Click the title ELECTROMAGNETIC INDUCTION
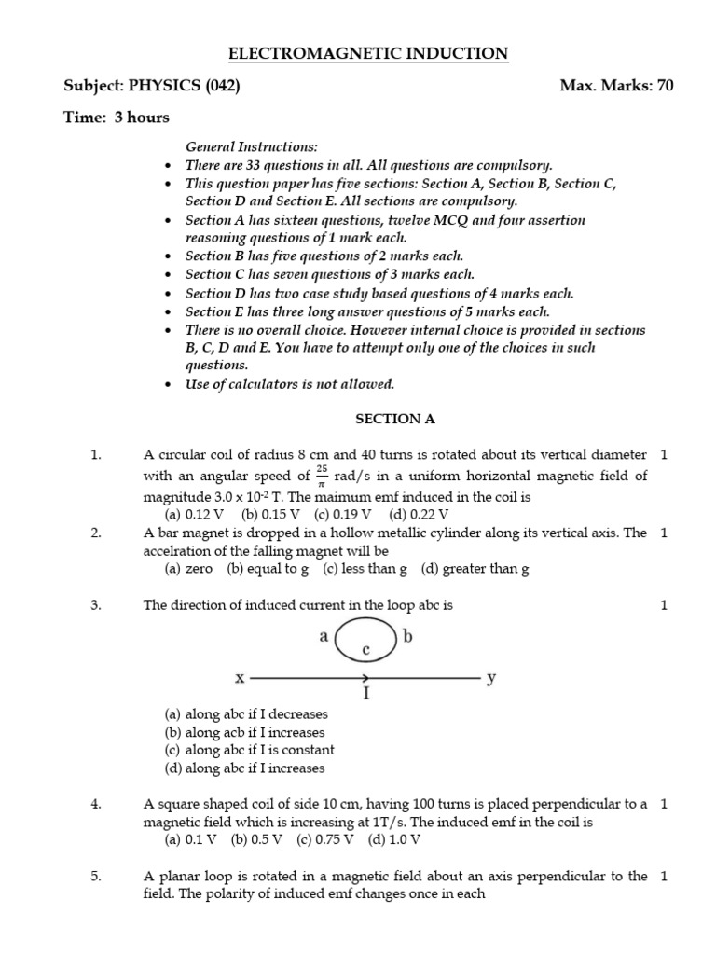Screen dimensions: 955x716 [368, 54]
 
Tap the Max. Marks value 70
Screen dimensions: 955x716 [664, 86]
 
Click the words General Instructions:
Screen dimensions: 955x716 [252, 146]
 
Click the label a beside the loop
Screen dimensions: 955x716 [324, 638]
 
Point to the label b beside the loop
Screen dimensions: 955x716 [406, 638]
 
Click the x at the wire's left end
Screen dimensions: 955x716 [239, 678]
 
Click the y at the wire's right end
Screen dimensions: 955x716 [492, 678]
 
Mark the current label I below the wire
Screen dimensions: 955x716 [366, 695]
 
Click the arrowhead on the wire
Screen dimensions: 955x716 [370, 678]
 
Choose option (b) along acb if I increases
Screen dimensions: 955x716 [244, 732]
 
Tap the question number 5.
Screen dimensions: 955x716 [95, 876]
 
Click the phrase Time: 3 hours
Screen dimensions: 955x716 [117, 118]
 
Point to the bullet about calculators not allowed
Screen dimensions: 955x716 [289, 384]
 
